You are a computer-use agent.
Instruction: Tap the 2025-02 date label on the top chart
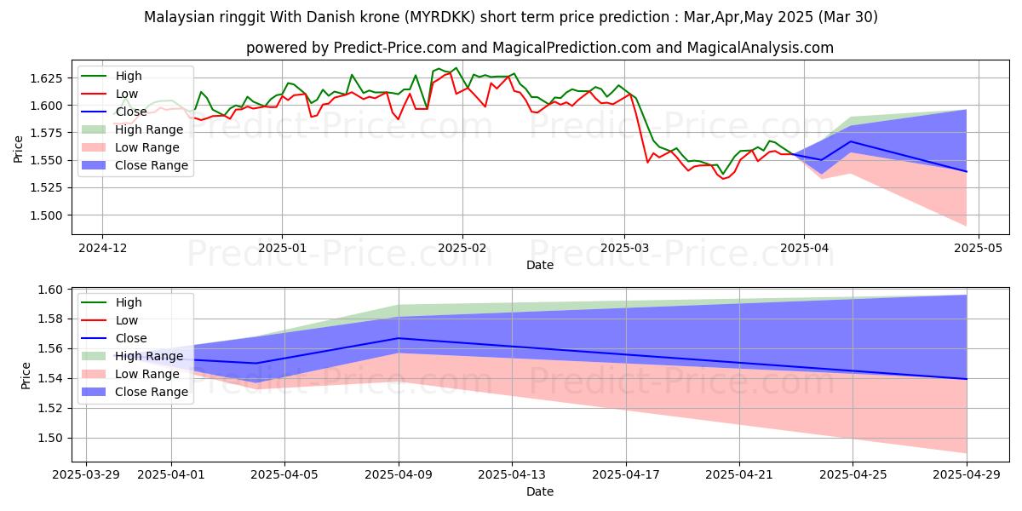coord(462,248)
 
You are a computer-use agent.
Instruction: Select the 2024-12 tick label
coord(102,248)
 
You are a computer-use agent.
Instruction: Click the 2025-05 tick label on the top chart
coord(979,248)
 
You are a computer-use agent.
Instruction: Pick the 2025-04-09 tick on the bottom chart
coord(399,476)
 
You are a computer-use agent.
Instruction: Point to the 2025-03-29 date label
coord(87,476)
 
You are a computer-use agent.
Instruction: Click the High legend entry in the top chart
coord(128,76)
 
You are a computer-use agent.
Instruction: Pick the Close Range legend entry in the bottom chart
coord(152,392)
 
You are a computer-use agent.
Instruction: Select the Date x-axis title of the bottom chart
coord(539,491)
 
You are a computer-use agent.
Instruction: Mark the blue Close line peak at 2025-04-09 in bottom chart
coord(399,338)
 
